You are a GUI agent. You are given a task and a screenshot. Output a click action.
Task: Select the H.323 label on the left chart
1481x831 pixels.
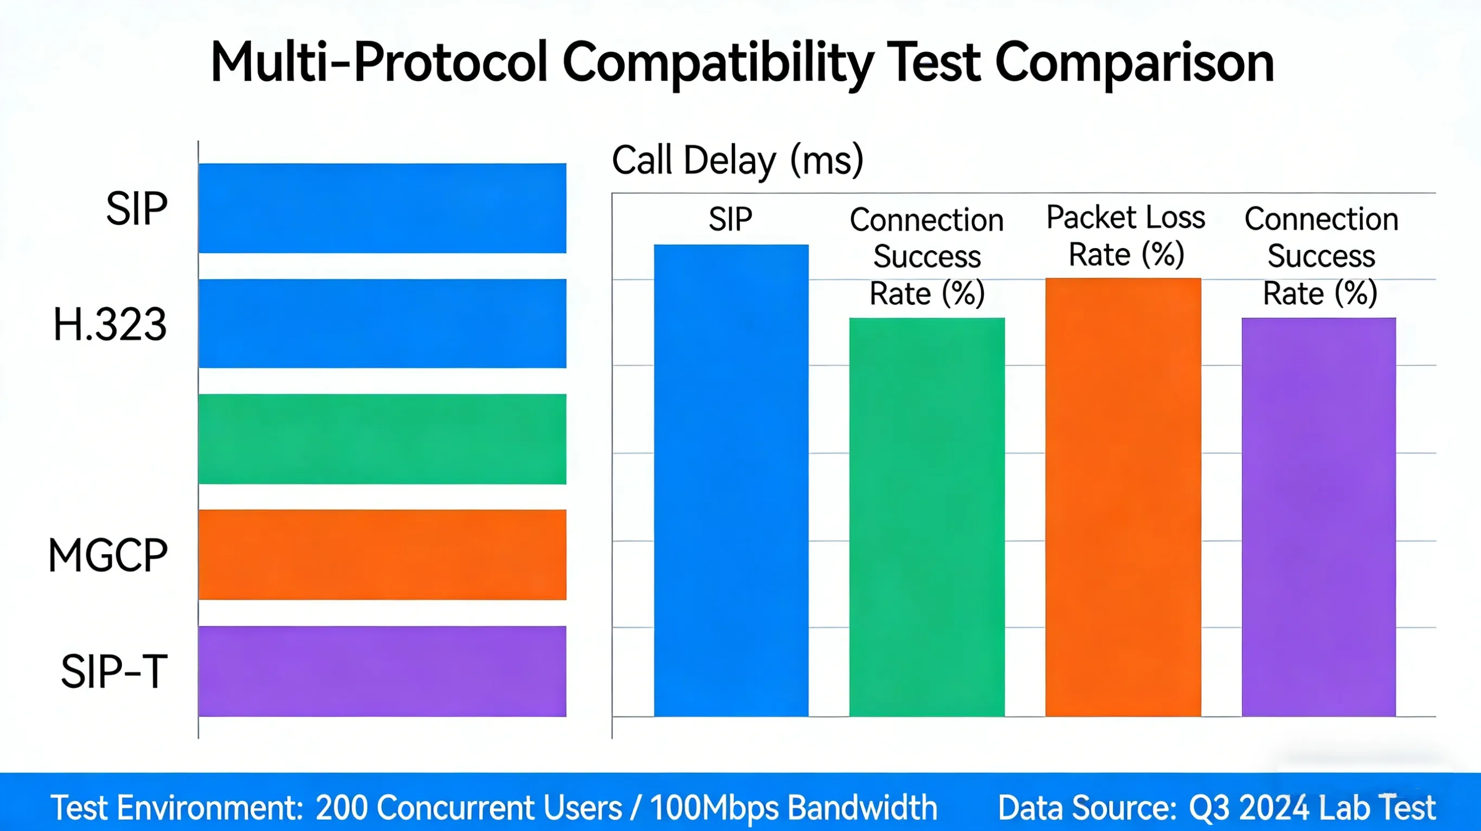pos(110,324)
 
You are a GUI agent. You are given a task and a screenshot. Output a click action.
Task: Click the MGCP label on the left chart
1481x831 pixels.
pos(108,556)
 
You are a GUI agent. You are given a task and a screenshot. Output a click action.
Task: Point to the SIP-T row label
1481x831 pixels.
pos(114,671)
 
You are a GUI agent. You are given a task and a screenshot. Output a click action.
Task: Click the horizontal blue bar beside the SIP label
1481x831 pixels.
pos(382,208)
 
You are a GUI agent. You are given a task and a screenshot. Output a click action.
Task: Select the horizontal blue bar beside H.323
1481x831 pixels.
pos(382,323)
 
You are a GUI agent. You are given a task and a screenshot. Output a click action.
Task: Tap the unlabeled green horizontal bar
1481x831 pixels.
pos(382,439)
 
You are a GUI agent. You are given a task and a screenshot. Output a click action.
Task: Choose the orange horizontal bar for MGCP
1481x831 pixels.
pos(382,555)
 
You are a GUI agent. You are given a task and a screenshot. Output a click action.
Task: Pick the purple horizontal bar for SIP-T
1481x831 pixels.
pos(382,671)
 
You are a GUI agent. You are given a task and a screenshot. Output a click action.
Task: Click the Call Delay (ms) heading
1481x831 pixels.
pos(738,160)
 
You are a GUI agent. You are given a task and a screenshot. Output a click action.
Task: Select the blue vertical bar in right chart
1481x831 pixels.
pos(731,481)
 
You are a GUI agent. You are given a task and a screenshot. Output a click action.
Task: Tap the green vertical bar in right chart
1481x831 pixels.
pos(927,517)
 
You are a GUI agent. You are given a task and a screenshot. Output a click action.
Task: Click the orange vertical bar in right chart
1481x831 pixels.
pos(1123,497)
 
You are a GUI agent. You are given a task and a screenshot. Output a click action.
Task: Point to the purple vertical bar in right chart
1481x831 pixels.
pos(1318,517)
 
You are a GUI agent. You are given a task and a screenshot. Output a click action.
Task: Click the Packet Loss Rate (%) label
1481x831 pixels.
pos(1125,236)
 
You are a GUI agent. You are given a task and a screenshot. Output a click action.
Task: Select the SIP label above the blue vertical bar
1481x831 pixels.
pos(730,219)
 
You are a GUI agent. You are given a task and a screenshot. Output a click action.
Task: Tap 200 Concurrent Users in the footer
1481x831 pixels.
pos(468,808)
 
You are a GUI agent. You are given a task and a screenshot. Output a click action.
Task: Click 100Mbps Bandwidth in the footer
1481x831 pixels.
pos(794,808)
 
